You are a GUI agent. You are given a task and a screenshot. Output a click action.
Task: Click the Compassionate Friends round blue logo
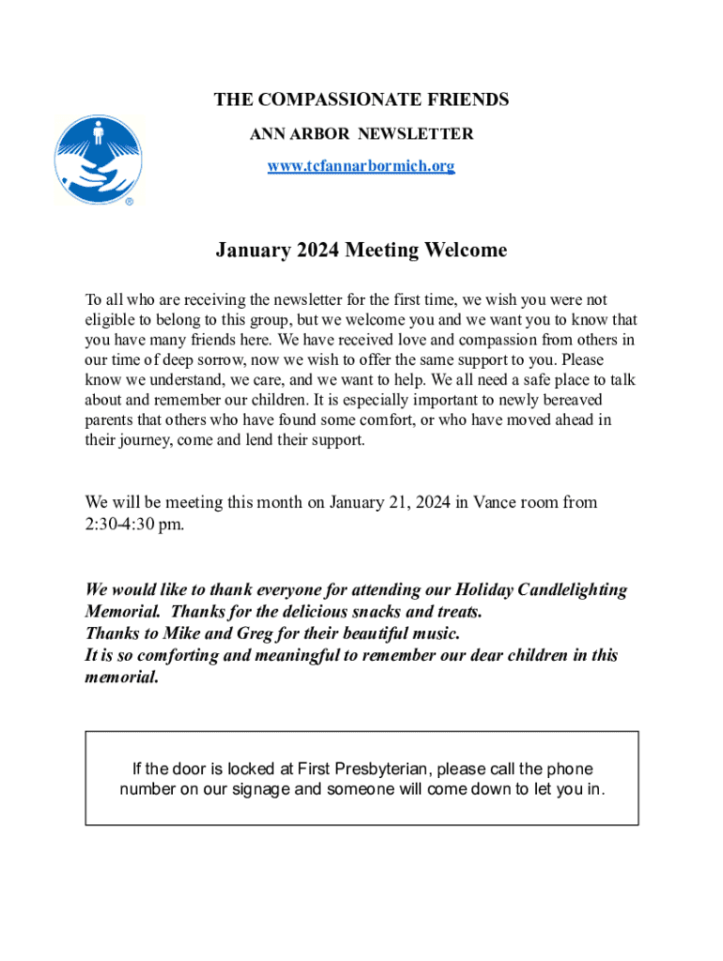(x=98, y=159)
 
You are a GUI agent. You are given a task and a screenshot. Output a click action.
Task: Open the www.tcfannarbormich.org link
(x=361, y=166)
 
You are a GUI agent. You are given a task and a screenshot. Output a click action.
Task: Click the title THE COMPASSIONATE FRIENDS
(x=361, y=99)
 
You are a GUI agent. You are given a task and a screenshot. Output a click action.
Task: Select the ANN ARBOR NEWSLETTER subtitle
(x=361, y=134)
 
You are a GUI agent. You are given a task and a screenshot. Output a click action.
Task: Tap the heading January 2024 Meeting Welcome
(x=361, y=251)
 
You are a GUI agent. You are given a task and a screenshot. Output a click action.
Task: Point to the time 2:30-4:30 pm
(x=134, y=525)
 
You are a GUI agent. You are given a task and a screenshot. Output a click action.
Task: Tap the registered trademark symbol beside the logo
(x=129, y=201)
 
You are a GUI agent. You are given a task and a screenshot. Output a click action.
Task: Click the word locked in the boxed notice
(x=213, y=770)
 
